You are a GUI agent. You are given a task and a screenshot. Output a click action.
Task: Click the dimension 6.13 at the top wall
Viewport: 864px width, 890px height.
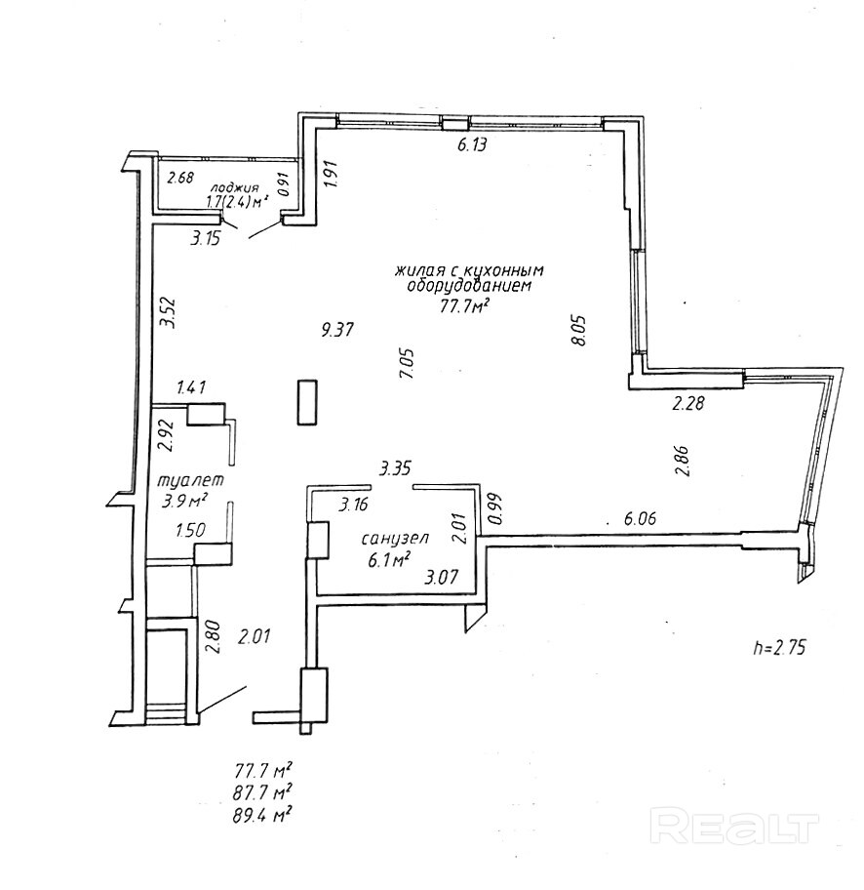[472, 145]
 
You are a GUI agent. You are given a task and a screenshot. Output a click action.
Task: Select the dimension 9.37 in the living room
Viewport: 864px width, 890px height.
[336, 330]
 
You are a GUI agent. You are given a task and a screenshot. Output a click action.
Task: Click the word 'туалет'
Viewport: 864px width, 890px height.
[190, 480]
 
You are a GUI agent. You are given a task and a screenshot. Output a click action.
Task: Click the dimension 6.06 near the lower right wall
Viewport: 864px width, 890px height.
[640, 519]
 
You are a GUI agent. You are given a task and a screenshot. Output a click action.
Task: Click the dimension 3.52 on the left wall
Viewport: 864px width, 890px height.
[168, 313]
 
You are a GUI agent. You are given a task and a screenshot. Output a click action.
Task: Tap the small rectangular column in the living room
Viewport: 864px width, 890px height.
[308, 401]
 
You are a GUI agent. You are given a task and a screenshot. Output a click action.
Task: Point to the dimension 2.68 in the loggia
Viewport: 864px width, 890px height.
[180, 178]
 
